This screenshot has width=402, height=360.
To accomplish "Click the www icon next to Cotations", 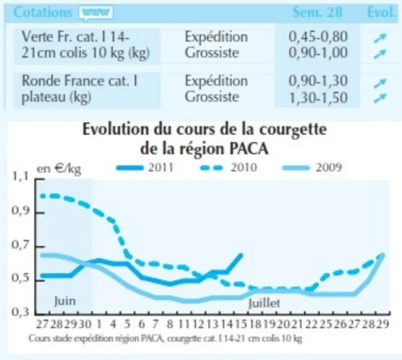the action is click(x=96, y=12).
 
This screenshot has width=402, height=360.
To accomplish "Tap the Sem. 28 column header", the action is click(x=318, y=12).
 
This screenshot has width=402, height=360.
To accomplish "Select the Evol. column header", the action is click(x=381, y=12).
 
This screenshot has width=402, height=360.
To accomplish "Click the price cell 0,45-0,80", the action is click(x=318, y=37).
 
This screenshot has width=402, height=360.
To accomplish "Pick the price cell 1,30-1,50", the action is click(x=318, y=97).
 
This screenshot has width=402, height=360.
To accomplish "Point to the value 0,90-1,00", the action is click(x=318, y=52).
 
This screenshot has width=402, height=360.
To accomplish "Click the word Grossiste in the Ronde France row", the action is click(x=212, y=97).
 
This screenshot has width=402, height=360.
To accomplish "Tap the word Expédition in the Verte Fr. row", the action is click(x=216, y=37).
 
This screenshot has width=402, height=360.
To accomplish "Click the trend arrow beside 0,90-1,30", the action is click(x=379, y=83).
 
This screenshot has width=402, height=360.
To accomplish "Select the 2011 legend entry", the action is click(x=145, y=168).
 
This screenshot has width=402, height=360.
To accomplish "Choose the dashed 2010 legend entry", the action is click(x=228, y=168).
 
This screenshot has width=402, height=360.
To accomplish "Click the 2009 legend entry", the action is click(x=312, y=168).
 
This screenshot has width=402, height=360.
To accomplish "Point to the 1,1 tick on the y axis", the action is click(x=19, y=177).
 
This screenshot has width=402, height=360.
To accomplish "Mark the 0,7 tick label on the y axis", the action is click(x=19, y=245).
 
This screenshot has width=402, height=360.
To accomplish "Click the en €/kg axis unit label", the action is click(x=59, y=169).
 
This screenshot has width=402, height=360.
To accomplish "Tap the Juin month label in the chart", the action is click(x=65, y=301).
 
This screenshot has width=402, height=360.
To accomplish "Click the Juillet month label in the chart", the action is click(x=264, y=303).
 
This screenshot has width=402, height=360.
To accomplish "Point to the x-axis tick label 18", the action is click(x=255, y=324).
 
